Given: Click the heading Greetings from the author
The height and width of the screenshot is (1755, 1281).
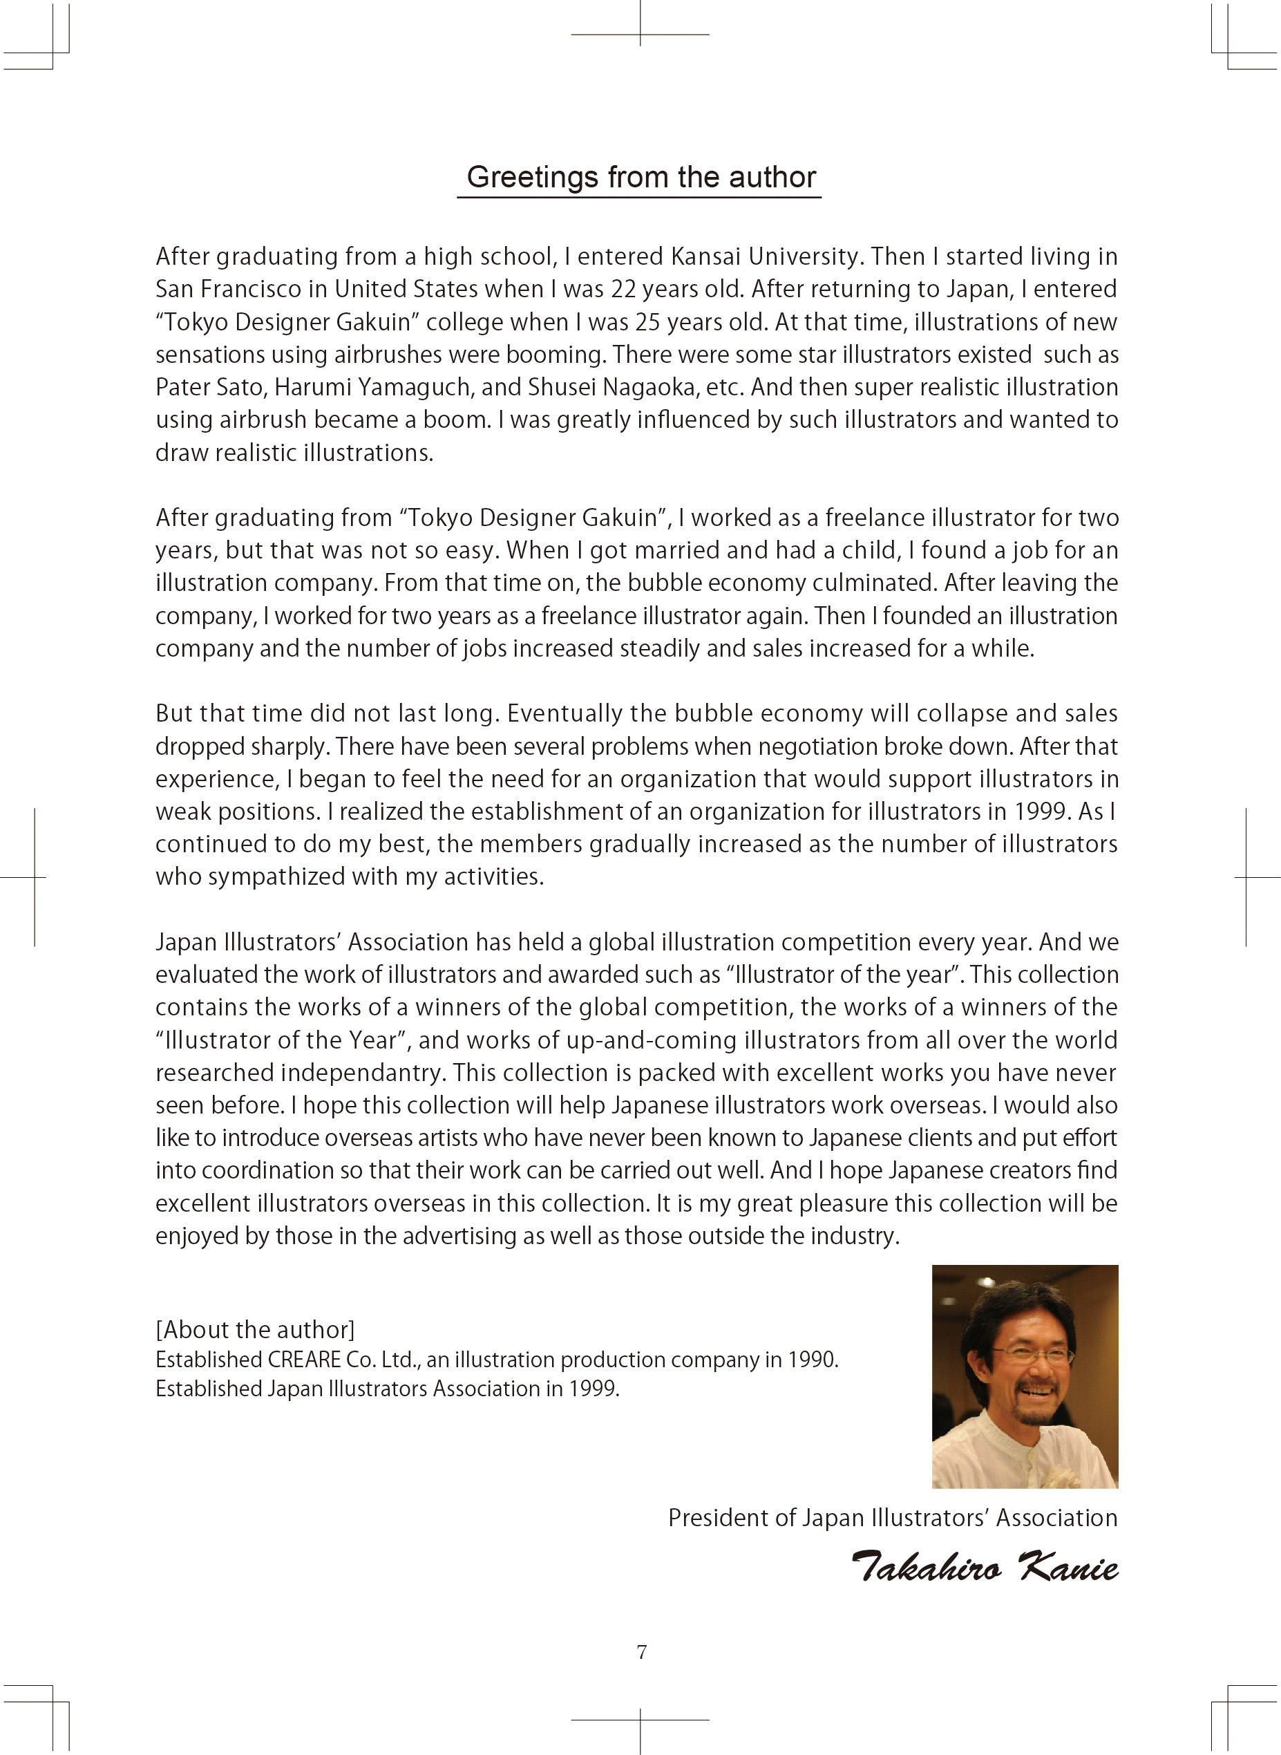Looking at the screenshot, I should [640, 178].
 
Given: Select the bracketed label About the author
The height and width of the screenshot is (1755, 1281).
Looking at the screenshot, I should [255, 1330].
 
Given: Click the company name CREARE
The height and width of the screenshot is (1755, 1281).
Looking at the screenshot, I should [304, 1360].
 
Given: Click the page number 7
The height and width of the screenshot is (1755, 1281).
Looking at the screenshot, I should [641, 1653].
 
